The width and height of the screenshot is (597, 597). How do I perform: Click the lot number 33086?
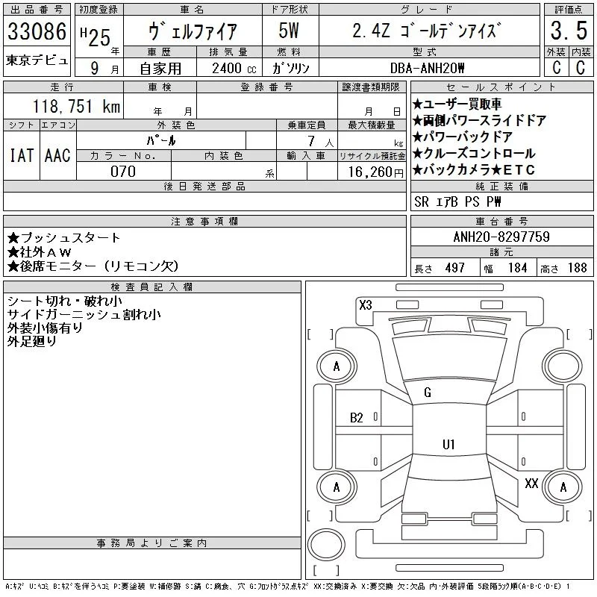tap(37, 31)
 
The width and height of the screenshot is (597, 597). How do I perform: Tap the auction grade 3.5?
tap(569, 31)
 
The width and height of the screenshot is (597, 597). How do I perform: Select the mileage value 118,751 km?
tap(76, 106)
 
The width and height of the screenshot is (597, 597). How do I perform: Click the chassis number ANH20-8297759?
tap(501, 237)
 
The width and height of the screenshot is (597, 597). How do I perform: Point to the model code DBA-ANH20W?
tap(427, 68)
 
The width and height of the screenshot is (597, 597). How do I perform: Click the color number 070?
tap(123, 172)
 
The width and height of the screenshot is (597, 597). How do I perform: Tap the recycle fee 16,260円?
tap(375, 172)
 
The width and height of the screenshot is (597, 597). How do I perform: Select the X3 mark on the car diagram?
tap(366, 305)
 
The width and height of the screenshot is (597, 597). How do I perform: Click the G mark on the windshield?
tap(428, 393)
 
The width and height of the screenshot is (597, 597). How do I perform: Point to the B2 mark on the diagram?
tap(357, 418)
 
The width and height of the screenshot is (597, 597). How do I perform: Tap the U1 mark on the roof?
tap(448, 444)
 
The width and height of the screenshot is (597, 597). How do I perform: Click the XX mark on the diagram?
tap(531, 484)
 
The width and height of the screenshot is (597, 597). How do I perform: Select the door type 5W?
tap(289, 31)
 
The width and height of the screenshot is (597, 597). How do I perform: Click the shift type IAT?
tap(22, 155)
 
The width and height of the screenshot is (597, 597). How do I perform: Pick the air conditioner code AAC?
tap(57, 155)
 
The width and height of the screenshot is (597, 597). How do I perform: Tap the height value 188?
tap(577, 268)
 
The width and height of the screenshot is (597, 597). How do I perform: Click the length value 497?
tap(455, 268)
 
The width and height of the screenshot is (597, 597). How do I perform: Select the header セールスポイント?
tap(501, 87)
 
